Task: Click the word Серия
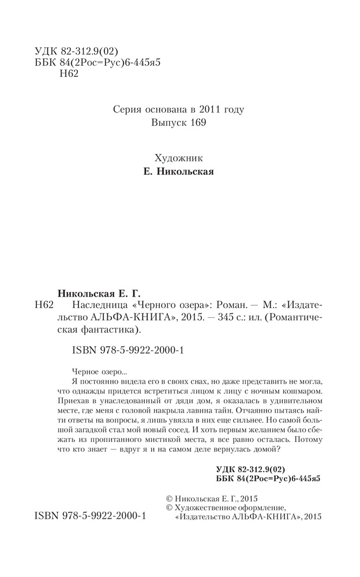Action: (x=124, y=108)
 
